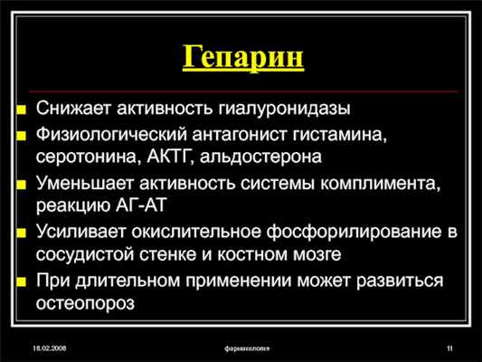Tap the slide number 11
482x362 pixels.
click(449, 348)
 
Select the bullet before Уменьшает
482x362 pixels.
click(22, 186)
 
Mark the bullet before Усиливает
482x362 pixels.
click(22, 233)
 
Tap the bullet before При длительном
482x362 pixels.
click(22, 281)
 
